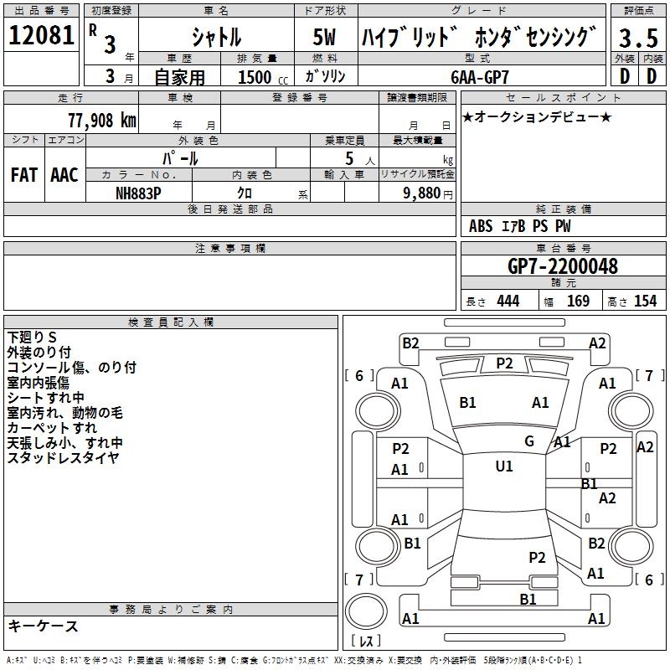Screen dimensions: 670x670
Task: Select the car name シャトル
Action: point(216,37)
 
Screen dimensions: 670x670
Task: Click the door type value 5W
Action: point(325,38)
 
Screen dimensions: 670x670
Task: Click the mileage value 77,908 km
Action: point(101,119)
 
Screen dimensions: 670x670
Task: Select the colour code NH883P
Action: point(138,192)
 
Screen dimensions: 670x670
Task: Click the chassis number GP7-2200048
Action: point(563,266)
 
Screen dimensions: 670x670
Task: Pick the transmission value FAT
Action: point(23,175)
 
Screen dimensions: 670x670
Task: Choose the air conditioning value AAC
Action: point(64,175)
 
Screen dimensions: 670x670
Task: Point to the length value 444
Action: point(508,301)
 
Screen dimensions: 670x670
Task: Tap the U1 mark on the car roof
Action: point(503,466)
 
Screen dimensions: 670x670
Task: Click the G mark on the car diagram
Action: point(528,441)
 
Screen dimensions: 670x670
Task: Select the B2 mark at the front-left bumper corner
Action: point(410,343)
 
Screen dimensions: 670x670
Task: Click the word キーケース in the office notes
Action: point(43,626)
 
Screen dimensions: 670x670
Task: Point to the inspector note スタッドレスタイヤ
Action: point(63,457)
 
